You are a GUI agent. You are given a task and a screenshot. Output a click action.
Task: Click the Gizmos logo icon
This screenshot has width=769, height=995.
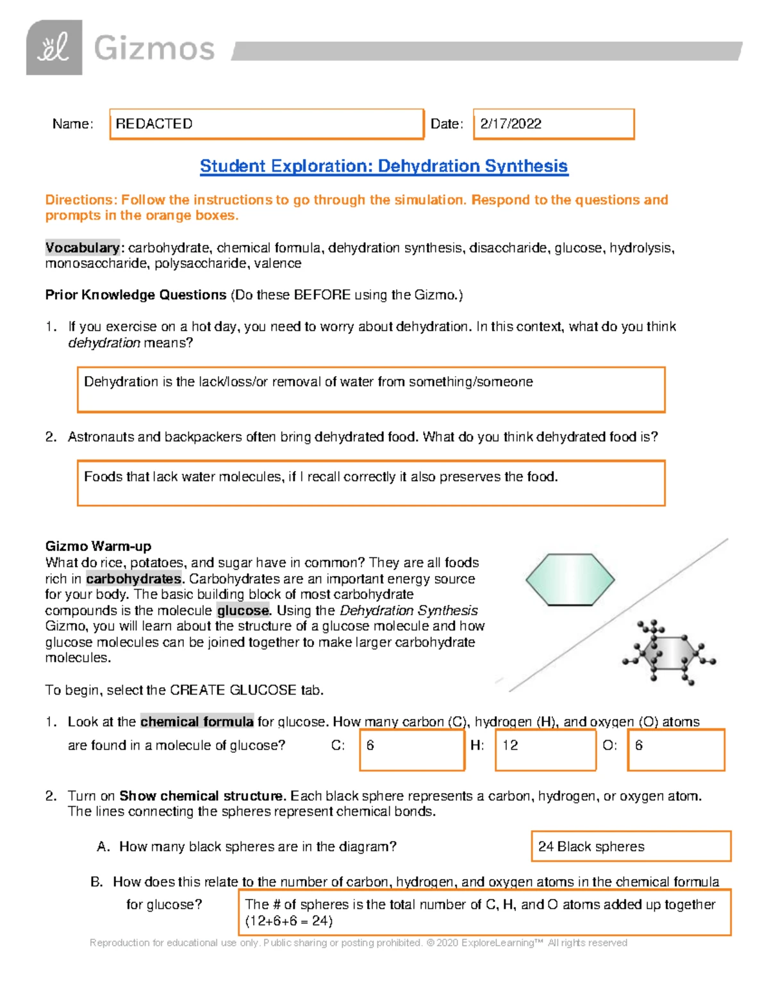pyautogui.click(x=54, y=47)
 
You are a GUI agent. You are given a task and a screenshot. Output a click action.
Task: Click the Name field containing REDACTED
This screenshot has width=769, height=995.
pyautogui.click(x=267, y=124)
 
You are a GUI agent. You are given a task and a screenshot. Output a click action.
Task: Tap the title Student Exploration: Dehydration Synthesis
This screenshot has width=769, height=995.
pyautogui.click(x=383, y=166)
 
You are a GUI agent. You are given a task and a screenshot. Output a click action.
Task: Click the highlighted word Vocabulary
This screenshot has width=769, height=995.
pyautogui.click(x=82, y=248)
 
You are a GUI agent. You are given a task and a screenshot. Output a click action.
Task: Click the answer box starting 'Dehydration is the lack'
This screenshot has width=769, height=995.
pyautogui.click(x=371, y=389)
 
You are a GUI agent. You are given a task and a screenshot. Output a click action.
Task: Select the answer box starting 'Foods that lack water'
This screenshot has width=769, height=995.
pyautogui.click(x=371, y=482)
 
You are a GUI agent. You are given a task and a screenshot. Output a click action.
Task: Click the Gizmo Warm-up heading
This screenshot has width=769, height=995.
pyautogui.click(x=98, y=547)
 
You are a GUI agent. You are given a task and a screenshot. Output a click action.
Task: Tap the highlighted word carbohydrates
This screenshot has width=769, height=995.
pyautogui.click(x=133, y=579)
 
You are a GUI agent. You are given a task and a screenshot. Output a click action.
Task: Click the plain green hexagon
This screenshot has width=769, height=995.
pyautogui.click(x=570, y=579)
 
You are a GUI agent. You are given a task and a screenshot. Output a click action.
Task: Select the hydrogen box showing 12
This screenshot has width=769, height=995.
pyautogui.click(x=545, y=749)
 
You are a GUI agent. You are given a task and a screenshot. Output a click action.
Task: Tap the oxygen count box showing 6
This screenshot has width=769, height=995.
pyautogui.click(x=676, y=749)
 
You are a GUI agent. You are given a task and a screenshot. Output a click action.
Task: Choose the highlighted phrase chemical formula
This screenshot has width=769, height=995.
pyautogui.click(x=197, y=722)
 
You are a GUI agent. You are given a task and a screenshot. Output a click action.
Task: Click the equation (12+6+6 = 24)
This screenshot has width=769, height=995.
pyautogui.click(x=288, y=921)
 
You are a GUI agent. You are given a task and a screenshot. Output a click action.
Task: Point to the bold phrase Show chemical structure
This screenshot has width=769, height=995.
pyautogui.click(x=202, y=796)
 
